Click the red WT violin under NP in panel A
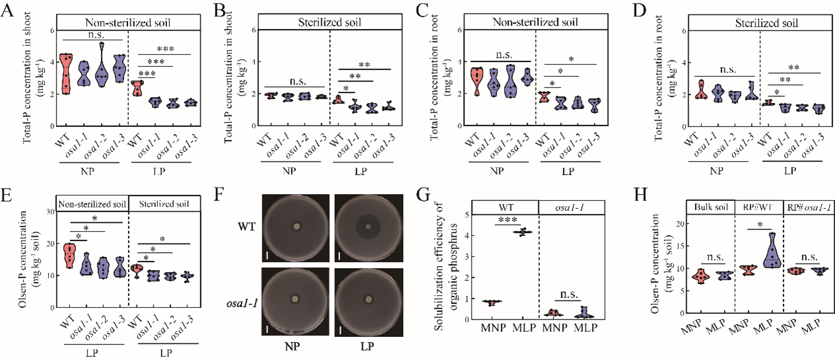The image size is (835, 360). coord(65,74)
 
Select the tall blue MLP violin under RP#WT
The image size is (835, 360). coord(771,250)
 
